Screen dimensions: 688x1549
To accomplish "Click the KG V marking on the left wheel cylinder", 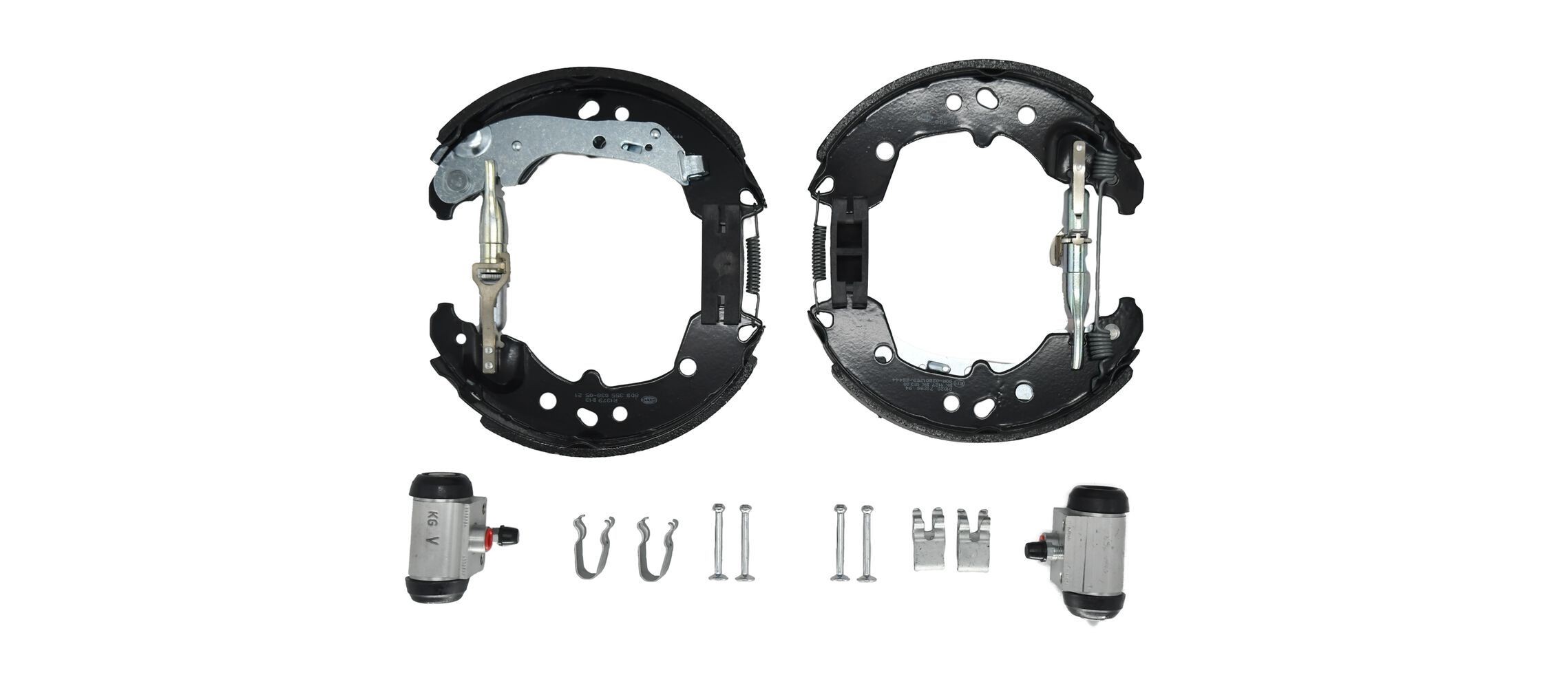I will [432, 530].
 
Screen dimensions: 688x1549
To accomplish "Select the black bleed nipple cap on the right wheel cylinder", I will [1032, 549].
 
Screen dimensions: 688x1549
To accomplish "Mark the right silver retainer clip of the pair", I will [973, 539].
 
